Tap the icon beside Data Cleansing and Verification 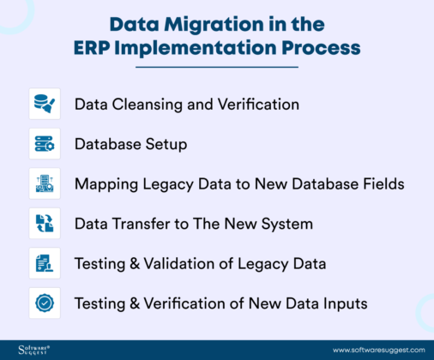[45, 104]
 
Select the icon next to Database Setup [45, 143]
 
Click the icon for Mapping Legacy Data [45, 183]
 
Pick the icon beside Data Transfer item [45, 223]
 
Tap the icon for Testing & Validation [45, 262]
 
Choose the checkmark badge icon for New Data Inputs [45, 303]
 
